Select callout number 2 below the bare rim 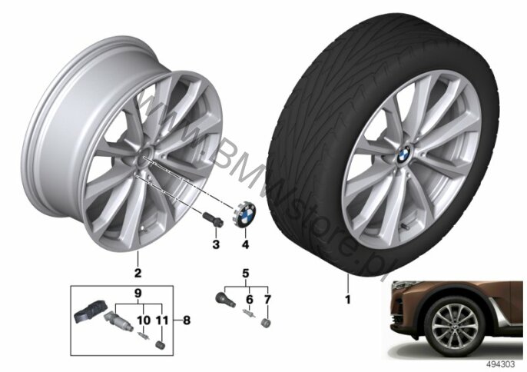click(x=137, y=271)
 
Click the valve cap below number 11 click(x=160, y=339)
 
